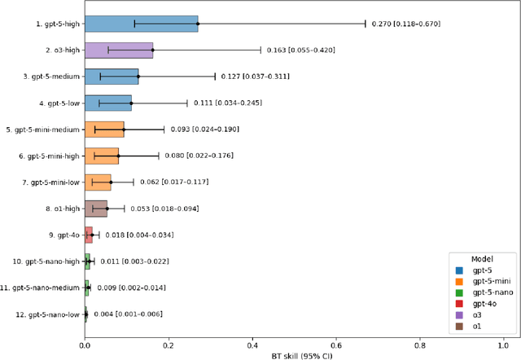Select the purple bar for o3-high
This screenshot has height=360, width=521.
pyautogui.click(x=119, y=50)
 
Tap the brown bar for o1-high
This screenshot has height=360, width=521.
pyautogui.click(x=96, y=209)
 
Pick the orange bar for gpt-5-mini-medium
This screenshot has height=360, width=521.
pyautogui.click(x=104, y=130)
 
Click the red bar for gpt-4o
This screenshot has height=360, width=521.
pyautogui.click(x=89, y=235)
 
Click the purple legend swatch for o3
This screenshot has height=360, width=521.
pyautogui.click(x=458, y=313)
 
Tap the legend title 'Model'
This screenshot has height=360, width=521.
pyautogui.click(x=484, y=256)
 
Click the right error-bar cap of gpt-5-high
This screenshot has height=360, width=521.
pyautogui.click(x=366, y=24)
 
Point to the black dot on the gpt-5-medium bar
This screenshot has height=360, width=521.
pyautogui.click(x=138, y=77)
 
